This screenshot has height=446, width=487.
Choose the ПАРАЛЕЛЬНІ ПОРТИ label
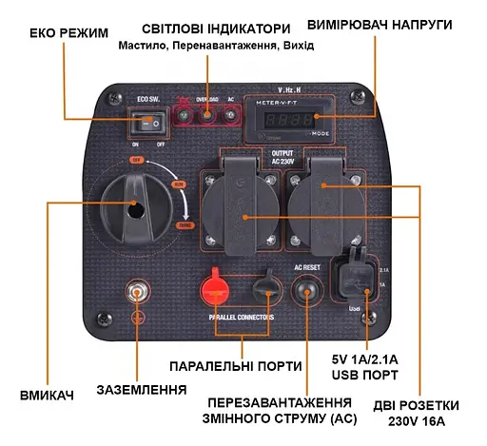tap(235, 365)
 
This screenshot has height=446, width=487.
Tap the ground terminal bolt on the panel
tap(138, 291)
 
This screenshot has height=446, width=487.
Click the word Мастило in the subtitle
tap(144, 45)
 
